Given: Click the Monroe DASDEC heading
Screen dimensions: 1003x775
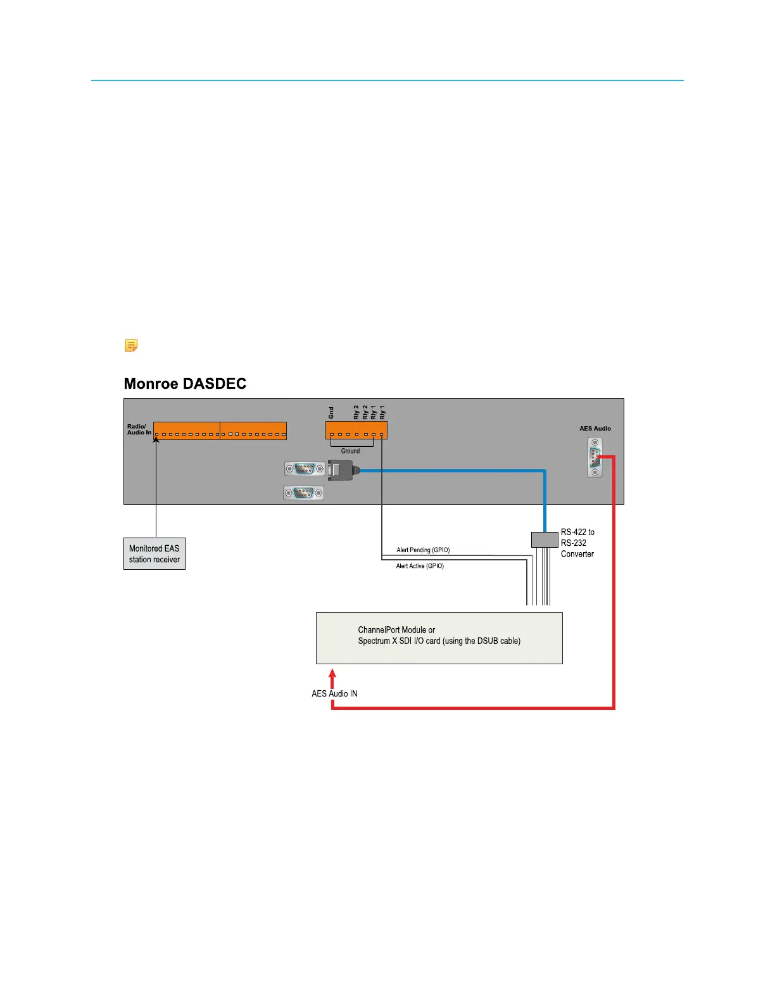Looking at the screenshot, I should point(185,384).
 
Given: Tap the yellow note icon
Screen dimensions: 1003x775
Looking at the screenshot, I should point(131,346).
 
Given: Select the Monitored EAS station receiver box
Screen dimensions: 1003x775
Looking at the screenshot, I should point(154,554).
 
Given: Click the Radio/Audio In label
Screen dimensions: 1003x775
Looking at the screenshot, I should point(139,429).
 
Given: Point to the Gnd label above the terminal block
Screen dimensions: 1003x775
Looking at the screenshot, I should point(331,413).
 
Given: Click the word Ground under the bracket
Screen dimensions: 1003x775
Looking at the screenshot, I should point(350,451).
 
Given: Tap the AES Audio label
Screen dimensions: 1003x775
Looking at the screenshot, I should point(595,429).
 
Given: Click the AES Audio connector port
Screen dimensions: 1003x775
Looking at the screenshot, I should point(595,458).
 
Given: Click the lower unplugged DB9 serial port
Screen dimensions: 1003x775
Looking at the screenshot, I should point(304,493).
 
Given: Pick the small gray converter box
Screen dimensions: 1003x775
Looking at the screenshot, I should point(544,539).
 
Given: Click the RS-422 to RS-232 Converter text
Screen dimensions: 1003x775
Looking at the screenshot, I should point(577,543).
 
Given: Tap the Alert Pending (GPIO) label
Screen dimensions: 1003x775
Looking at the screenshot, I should point(423,550).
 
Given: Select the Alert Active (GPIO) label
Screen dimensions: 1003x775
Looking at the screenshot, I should point(420,566).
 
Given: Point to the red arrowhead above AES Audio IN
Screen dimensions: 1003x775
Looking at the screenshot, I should point(332,674).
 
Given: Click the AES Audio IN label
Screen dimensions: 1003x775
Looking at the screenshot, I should point(334,693).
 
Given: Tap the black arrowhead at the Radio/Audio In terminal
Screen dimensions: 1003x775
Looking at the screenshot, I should point(156,439).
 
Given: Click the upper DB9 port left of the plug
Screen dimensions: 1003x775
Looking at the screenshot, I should point(305,469).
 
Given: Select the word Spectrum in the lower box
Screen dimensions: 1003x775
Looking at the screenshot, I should point(374,641).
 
